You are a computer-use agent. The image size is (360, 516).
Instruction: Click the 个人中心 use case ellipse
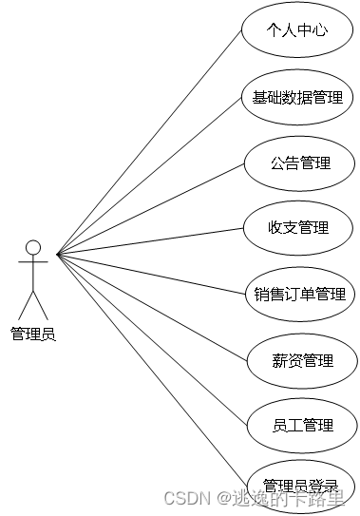[x=297, y=30]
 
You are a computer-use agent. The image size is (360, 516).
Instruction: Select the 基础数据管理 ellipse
[x=297, y=97]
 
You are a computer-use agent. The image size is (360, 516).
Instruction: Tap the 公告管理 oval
[x=299, y=162]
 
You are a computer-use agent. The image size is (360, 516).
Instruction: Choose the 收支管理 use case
[x=299, y=228]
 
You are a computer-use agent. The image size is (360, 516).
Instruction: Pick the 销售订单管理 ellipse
[x=300, y=294]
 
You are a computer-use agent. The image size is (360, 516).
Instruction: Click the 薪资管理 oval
[x=302, y=360]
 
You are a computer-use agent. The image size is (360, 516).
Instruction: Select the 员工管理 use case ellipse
[x=302, y=425]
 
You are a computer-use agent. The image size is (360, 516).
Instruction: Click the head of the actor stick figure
[x=33, y=248]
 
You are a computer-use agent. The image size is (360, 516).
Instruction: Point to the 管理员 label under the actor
[x=33, y=334]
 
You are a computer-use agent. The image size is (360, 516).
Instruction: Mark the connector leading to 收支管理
[x=152, y=240]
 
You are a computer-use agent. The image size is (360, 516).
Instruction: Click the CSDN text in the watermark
[x=186, y=498]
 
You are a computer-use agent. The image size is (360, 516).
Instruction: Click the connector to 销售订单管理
[x=152, y=272]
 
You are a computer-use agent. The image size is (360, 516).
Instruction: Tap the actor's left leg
[x=26, y=305]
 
